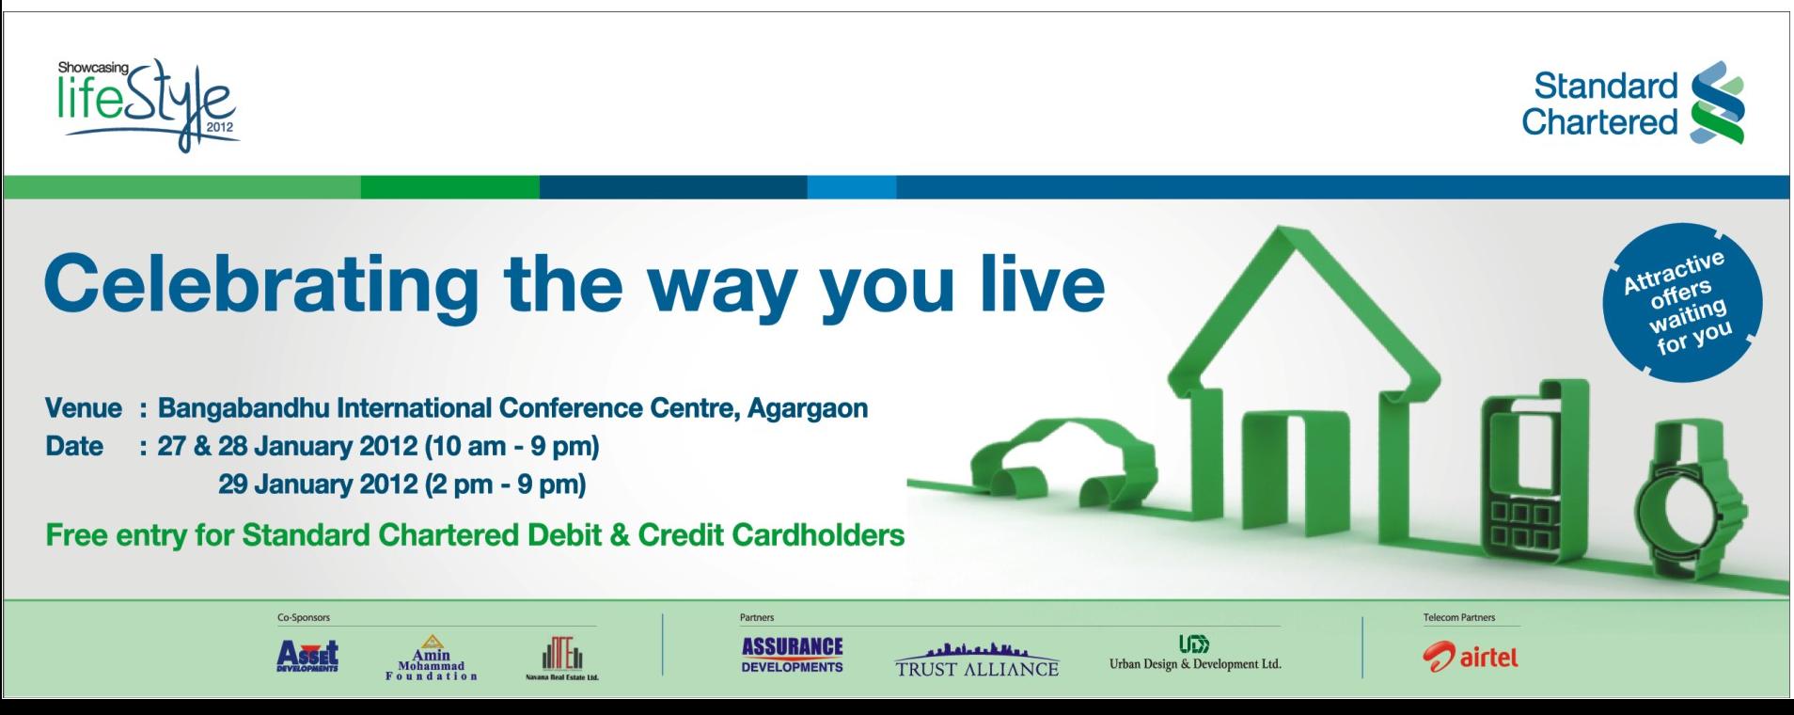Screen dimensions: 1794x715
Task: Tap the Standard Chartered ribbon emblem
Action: click(x=1718, y=103)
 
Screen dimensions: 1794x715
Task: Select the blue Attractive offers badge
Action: click(x=1681, y=302)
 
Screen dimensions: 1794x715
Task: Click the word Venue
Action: click(x=84, y=408)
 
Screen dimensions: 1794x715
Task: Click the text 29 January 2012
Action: click(x=318, y=485)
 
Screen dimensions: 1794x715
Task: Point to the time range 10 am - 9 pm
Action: click(x=512, y=446)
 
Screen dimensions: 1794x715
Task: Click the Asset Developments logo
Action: click(x=307, y=655)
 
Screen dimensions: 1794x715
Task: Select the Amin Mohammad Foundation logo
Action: click(x=432, y=657)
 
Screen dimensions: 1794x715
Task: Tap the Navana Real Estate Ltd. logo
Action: click(x=562, y=658)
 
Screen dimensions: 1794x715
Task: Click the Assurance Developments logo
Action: click(x=793, y=655)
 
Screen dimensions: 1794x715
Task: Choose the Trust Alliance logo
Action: click(x=977, y=660)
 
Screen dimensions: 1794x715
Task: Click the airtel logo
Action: click(x=1471, y=657)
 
